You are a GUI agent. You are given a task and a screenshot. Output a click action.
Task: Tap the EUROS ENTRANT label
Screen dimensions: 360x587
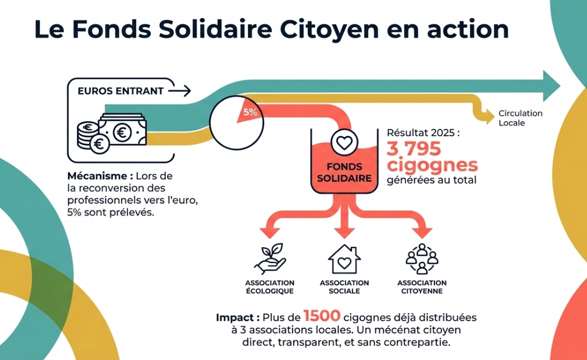click(120, 91)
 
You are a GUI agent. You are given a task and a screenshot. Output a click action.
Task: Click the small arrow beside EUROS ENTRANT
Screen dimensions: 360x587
click(179, 90)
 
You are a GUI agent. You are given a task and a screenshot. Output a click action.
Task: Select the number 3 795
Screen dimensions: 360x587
click(414, 148)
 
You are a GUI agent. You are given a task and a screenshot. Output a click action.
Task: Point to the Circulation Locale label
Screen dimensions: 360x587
click(520, 118)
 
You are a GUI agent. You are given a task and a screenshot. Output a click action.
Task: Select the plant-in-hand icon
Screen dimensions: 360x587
click(270, 258)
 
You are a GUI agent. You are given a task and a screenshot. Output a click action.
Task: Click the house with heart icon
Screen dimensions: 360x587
click(344, 258)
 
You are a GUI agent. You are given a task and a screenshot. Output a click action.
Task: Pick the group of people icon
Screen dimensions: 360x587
click(422, 258)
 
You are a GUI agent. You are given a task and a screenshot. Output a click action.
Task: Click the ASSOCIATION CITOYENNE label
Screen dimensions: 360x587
click(422, 287)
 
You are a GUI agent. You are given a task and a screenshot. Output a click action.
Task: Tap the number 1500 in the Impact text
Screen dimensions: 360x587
click(322, 316)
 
